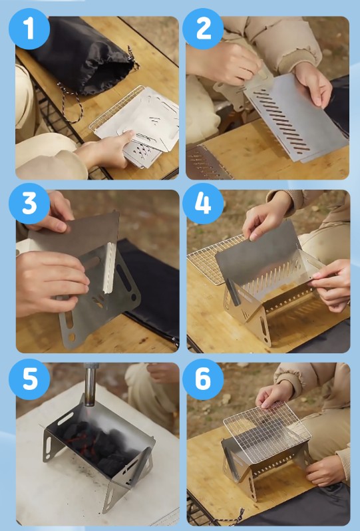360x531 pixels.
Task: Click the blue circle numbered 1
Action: click(x=29, y=29)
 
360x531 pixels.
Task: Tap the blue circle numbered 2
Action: click(x=203, y=29)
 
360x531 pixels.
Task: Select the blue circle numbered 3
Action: click(x=29, y=204)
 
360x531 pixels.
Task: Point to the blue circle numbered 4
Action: click(x=203, y=204)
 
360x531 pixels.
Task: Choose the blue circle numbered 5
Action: click(x=29, y=379)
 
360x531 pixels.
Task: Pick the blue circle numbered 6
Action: click(x=203, y=379)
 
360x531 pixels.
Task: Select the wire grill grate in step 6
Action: click(x=267, y=432)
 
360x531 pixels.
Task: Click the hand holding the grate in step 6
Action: click(x=274, y=395)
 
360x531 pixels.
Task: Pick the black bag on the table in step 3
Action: click(x=156, y=291)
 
